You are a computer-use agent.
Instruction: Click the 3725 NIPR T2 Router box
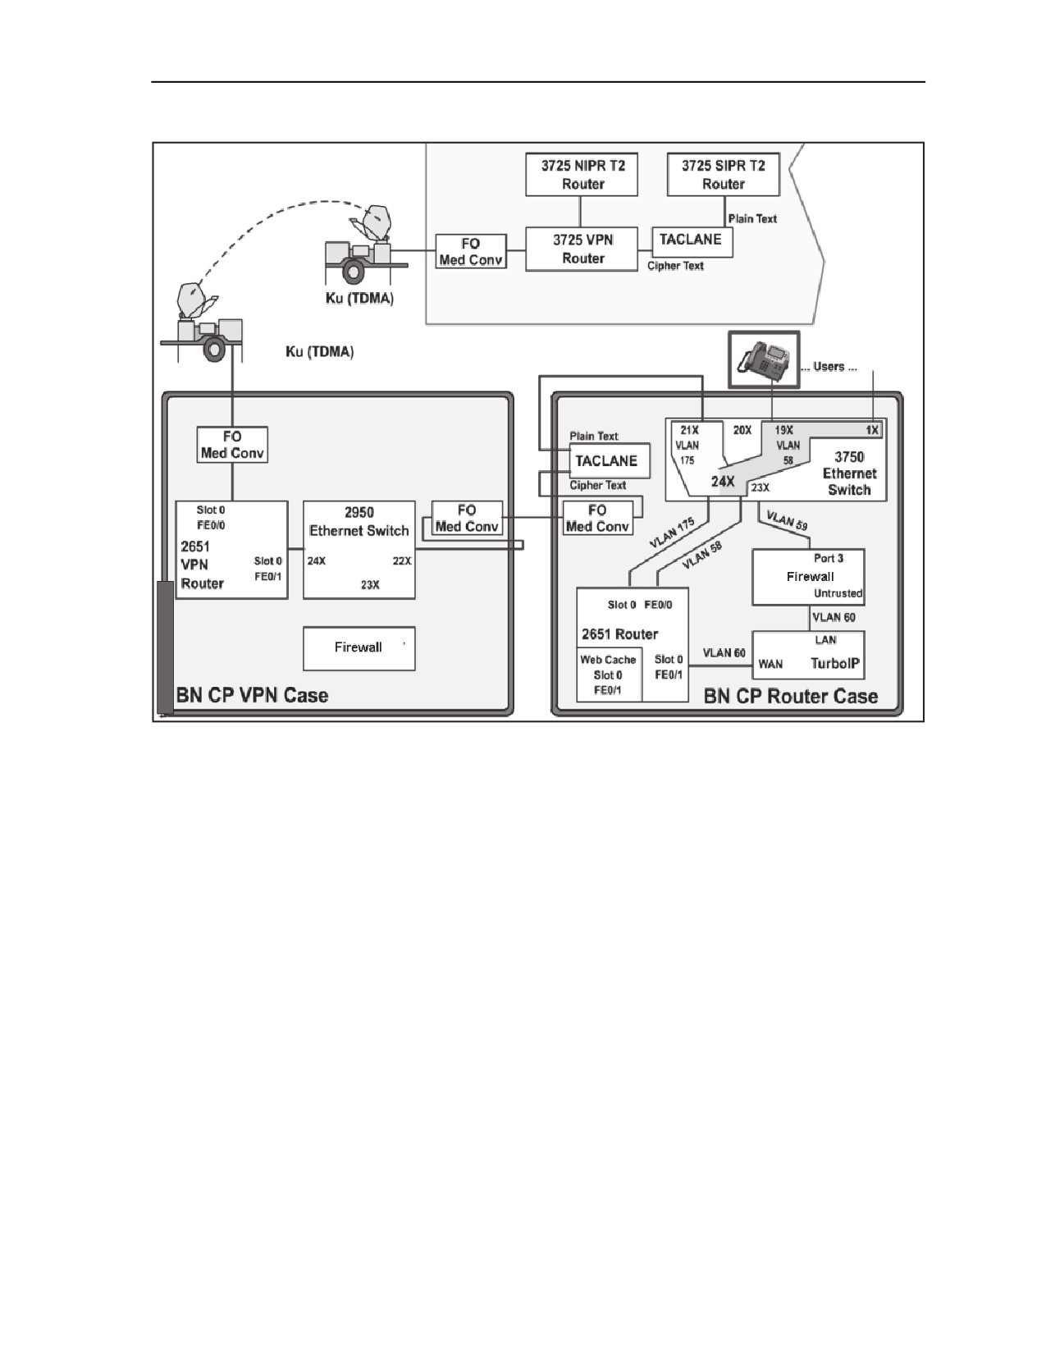click(582, 175)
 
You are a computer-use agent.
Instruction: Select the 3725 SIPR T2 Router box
click(723, 175)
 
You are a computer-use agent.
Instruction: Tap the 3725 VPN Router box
click(582, 249)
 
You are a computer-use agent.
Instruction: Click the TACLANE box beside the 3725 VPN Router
click(692, 242)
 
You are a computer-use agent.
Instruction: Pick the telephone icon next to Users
click(764, 359)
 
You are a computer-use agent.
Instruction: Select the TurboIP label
click(835, 663)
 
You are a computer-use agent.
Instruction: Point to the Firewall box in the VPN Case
click(359, 648)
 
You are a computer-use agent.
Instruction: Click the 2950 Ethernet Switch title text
click(359, 522)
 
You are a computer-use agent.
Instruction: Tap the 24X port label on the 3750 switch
click(723, 481)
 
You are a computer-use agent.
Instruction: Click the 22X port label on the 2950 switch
click(402, 560)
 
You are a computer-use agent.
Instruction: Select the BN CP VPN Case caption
click(252, 695)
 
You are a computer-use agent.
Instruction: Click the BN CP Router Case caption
click(791, 696)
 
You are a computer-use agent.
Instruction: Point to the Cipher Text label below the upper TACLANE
click(675, 266)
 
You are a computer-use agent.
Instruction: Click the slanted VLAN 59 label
click(787, 520)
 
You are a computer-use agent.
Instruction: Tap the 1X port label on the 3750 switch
click(872, 430)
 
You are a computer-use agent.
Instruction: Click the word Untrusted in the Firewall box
click(838, 593)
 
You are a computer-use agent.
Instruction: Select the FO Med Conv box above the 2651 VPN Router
click(232, 444)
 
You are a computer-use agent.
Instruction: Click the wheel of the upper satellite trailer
click(353, 272)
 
